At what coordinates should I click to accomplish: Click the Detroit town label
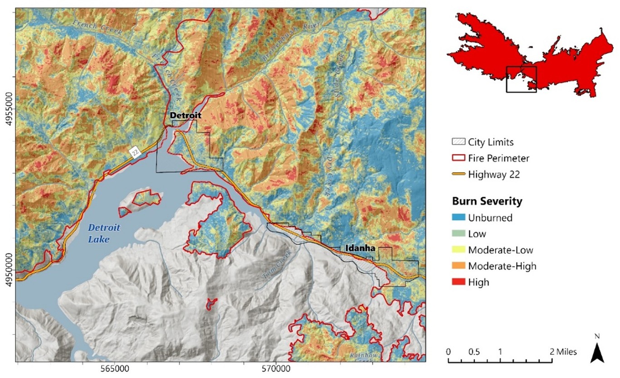point(185,116)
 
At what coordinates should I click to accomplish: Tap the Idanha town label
point(359,248)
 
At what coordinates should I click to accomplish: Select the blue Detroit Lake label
point(99,233)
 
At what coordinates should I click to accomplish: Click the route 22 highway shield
point(134,152)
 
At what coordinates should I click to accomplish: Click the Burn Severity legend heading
point(487,201)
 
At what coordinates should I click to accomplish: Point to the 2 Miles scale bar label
point(561,352)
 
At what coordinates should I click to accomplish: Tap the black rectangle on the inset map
point(521,79)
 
